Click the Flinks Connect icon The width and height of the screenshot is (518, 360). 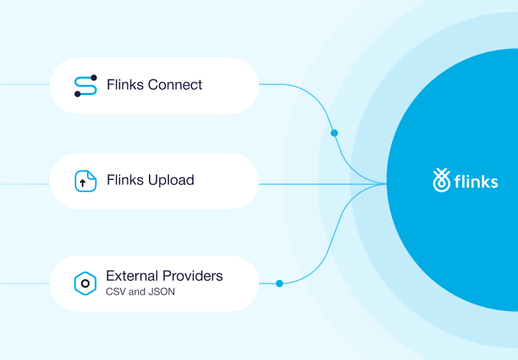[x=86, y=86]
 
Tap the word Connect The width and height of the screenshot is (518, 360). [x=175, y=85]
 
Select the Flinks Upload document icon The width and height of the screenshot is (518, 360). [x=86, y=181]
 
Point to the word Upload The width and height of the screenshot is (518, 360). [x=171, y=180]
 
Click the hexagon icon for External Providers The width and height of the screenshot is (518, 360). [x=85, y=283]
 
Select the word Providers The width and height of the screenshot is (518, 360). [x=192, y=276]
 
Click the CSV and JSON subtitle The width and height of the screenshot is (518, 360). [x=140, y=292]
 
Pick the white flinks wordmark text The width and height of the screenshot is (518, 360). [x=476, y=181]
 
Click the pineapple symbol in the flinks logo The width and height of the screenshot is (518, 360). [x=440, y=180]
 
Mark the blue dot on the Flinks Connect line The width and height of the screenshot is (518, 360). [x=334, y=133]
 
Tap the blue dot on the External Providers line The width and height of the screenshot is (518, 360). [x=279, y=283]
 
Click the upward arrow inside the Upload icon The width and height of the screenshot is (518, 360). [x=83, y=183]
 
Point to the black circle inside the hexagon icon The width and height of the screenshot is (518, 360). [x=85, y=283]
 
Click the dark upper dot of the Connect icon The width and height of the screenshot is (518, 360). [x=94, y=78]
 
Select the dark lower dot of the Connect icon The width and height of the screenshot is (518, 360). [x=77, y=94]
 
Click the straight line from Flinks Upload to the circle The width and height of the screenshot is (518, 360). [x=324, y=184]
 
